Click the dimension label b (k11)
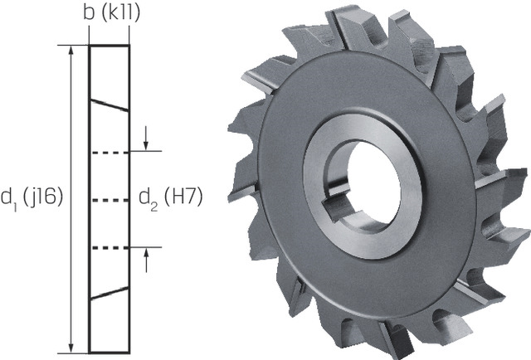(111, 13)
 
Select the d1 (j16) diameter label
(32, 198)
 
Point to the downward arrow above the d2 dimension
(146, 138)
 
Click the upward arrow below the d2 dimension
(146, 260)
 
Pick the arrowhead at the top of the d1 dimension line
(71, 50)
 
